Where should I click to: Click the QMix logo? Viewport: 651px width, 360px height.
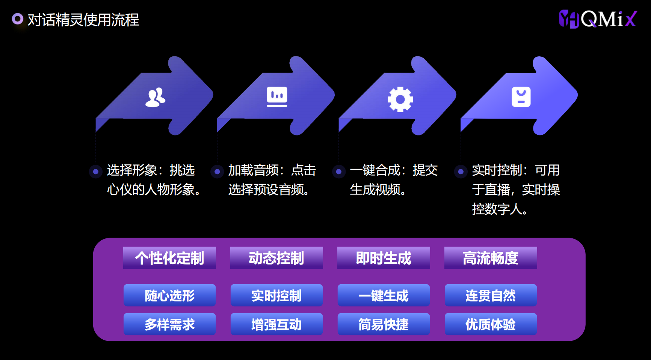pos(598,19)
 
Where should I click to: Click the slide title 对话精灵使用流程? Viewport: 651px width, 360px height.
pos(83,20)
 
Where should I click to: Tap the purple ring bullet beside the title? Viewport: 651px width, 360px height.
pos(18,19)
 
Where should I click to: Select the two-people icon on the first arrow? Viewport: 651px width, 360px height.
pos(155,98)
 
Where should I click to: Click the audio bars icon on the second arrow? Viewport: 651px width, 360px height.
pos(277,97)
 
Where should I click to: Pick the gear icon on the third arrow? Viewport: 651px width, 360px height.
pos(400,99)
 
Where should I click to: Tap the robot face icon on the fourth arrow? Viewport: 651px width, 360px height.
pos(521,97)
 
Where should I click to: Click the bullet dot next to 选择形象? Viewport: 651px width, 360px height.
pos(96,172)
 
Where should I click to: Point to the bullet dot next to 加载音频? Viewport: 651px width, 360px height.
pos(217,172)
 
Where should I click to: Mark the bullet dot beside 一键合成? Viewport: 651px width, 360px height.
pos(339,172)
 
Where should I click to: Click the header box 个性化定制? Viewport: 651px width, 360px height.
pos(169,258)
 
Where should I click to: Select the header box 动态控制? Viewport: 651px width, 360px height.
pos(276,258)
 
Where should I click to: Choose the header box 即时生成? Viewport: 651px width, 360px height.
pos(384,258)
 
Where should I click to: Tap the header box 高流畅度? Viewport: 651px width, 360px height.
pos(491,258)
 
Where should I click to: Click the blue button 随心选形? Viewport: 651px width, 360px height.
pos(169,295)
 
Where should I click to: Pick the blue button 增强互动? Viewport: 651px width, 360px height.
pos(276,324)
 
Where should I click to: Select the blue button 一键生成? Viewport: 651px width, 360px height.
pos(384,295)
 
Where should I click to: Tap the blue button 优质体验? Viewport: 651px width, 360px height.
pos(491,324)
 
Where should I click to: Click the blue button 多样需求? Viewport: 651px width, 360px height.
pos(169,324)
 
